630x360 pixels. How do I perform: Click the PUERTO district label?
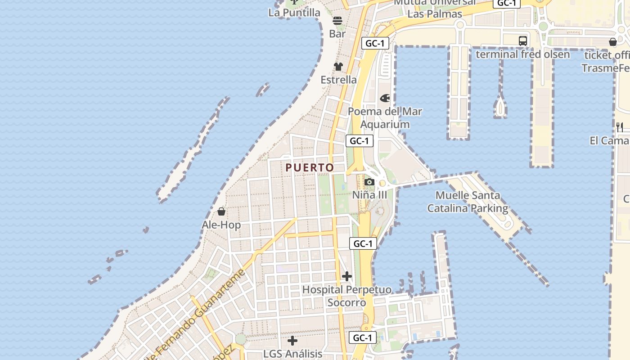click(x=310, y=168)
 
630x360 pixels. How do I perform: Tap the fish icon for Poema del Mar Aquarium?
click(x=385, y=98)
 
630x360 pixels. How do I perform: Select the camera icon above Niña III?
click(x=369, y=182)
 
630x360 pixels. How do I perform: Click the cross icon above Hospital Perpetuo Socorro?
click(x=347, y=276)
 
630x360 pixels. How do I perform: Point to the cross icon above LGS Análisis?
click(x=292, y=341)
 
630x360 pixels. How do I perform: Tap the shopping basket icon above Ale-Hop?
click(x=221, y=211)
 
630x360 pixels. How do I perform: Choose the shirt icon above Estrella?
click(x=338, y=67)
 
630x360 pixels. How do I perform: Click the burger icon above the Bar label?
click(x=337, y=21)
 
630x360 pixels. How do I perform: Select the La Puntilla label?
click(x=294, y=13)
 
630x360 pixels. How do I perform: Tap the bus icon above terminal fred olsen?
click(x=523, y=41)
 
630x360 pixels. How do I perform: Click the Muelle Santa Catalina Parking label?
click(x=468, y=202)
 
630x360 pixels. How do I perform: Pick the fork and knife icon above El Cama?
click(x=620, y=127)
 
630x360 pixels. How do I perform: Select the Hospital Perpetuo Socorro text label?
click(x=346, y=296)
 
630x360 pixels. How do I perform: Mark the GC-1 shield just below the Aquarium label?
click(x=360, y=141)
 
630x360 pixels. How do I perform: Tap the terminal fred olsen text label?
click(x=523, y=54)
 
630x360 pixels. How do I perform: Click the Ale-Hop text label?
click(x=221, y=225)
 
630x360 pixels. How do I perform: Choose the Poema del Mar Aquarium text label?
click(x=385, y=118)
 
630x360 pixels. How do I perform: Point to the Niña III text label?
click(x=369, y=195)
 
